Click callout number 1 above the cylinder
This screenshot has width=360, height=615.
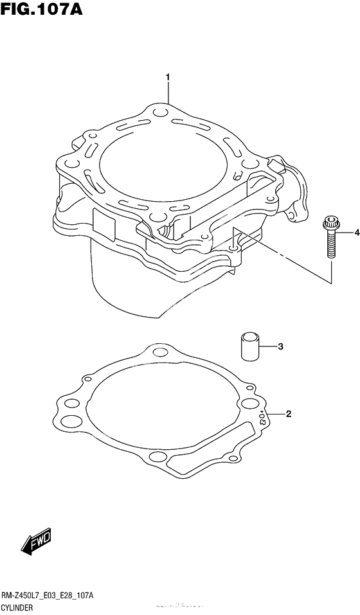click(x=168, y=78)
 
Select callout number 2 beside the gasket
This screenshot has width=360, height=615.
click(x=289, y=414)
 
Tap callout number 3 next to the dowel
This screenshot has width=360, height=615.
click(x=281, y=347)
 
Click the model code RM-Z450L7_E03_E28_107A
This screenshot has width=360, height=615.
click(x=48, y=597)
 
